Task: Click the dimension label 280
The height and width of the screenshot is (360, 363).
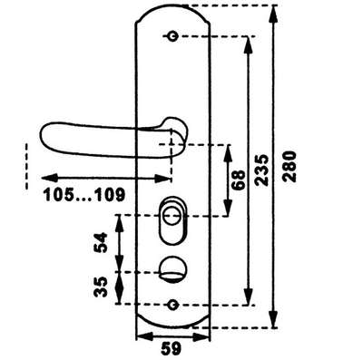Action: (x=289, y=166)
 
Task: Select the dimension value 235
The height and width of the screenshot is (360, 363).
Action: (x=261, y=170)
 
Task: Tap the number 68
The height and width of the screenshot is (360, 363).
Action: (x=239, y=180)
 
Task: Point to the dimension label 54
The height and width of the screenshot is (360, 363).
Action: (x=101, y=242)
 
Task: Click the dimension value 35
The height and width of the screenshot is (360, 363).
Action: (x=101, y=287)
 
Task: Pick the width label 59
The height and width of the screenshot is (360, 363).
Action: (x=172, y=349)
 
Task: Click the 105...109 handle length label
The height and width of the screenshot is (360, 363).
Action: (x=84, y=195)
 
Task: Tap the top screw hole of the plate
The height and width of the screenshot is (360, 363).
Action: (x=172, y=36)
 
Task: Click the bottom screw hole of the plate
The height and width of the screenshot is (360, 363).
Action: (x=172, y=305)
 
